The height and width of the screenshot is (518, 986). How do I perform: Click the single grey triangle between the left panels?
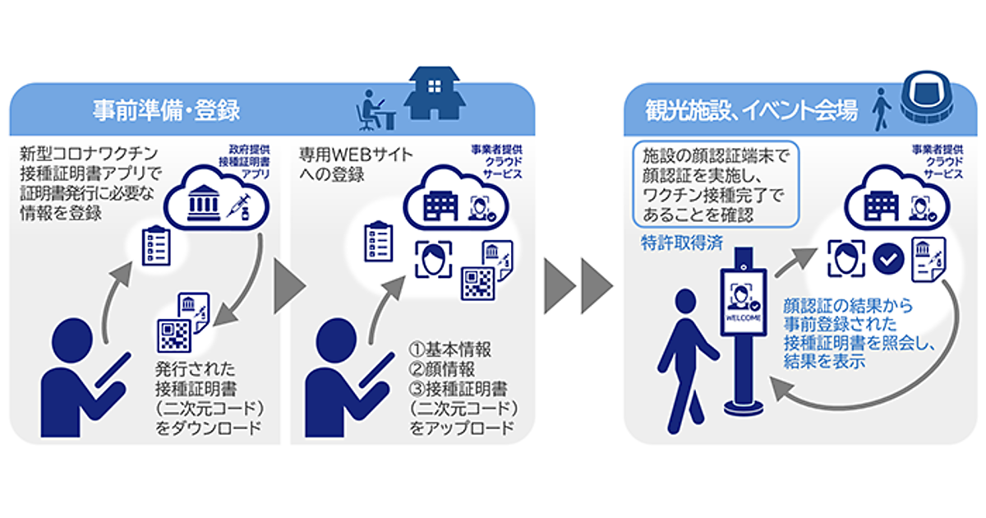(x=286, y=287)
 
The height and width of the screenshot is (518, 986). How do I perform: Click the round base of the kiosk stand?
(x=743, y=407)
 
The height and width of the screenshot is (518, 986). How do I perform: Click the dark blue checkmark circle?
(x=887, y=257)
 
